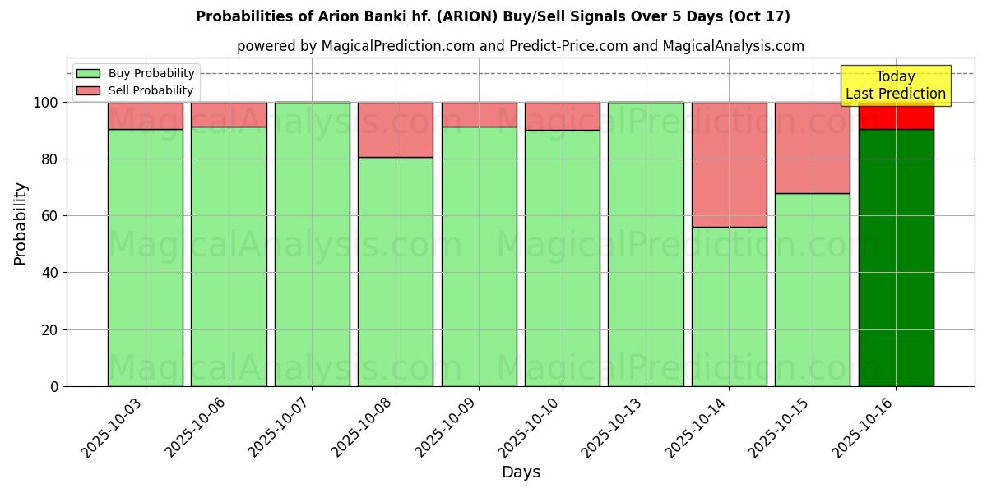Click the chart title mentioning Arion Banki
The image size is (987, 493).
coord(493,16)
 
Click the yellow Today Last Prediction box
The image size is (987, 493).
coord(895,85)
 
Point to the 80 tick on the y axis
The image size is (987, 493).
coord(51,159)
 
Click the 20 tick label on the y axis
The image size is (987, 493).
coord(51,330)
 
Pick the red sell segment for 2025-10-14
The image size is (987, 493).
coord(729,164)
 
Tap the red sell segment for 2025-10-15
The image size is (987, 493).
coord(812,148)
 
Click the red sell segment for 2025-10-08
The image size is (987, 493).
coord(396,130)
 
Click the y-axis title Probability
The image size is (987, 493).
coord(21,223)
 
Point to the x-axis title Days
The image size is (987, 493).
coord(521,472)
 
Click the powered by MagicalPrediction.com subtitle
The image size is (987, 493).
coord(520,46)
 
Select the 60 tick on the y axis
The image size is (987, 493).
coord(51,216)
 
